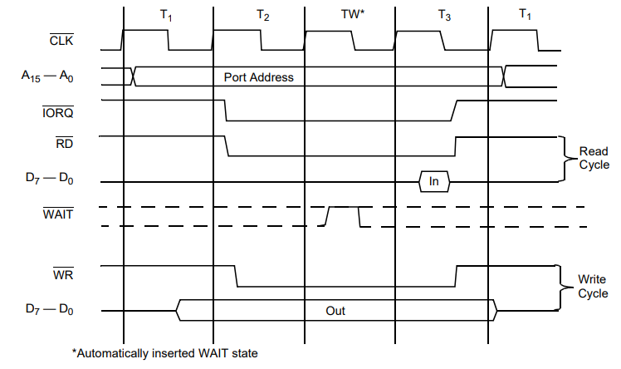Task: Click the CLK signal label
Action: pos(61,40)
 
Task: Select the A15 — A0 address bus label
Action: pos(47,76)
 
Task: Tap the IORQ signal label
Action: pos(58,112)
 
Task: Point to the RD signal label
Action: pos(64,143)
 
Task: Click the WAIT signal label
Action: pos(58,214)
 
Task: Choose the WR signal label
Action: pos(63,274)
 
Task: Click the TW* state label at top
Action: pos(353,14)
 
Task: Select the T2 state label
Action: pos(262,16)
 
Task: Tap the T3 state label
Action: pos(444,16)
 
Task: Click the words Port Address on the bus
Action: pos(259,77)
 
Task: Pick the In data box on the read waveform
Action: pos(434,181)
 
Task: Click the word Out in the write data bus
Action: pos(335,311)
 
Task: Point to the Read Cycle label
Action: pos(594,158)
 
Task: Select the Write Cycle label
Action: pos(593,286)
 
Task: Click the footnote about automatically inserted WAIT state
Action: pos(164,353)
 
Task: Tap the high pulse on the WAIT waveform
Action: pos(344,207)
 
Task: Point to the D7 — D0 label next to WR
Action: pos(50,309)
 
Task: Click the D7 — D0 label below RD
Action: pos(50,178)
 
